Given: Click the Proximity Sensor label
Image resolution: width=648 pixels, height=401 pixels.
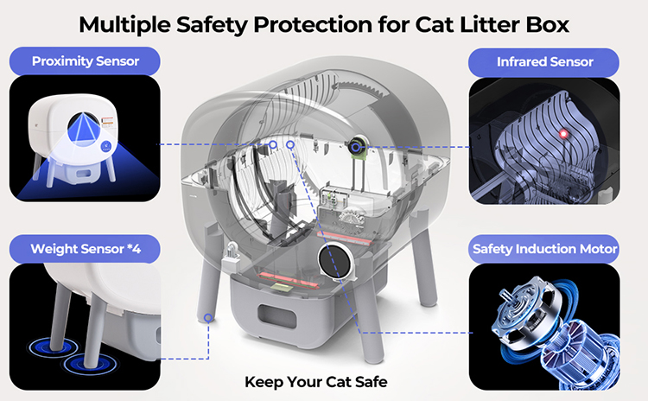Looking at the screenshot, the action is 85,61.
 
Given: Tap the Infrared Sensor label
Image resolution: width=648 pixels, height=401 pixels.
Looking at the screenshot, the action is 543,62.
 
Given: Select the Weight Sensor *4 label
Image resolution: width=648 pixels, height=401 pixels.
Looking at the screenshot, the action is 85,249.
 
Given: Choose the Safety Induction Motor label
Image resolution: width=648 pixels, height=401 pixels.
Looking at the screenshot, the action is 543,249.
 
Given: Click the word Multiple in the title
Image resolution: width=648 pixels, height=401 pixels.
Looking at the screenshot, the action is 124,25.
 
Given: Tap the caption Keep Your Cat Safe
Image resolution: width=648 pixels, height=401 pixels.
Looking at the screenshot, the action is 316,382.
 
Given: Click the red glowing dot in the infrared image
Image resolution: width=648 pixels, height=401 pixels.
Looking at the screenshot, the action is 562,134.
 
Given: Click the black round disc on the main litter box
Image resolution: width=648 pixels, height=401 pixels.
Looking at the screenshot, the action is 336,261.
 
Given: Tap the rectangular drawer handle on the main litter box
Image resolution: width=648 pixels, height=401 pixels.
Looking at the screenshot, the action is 276,316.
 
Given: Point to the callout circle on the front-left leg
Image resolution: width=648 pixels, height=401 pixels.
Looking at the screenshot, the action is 208,317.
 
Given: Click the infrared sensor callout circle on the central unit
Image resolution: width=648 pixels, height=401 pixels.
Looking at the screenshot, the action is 355,147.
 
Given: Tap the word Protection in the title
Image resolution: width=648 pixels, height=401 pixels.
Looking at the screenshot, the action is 312,25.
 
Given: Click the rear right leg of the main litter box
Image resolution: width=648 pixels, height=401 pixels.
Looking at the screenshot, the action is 426,258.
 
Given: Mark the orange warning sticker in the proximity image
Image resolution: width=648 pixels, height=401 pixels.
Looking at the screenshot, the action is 107,122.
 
